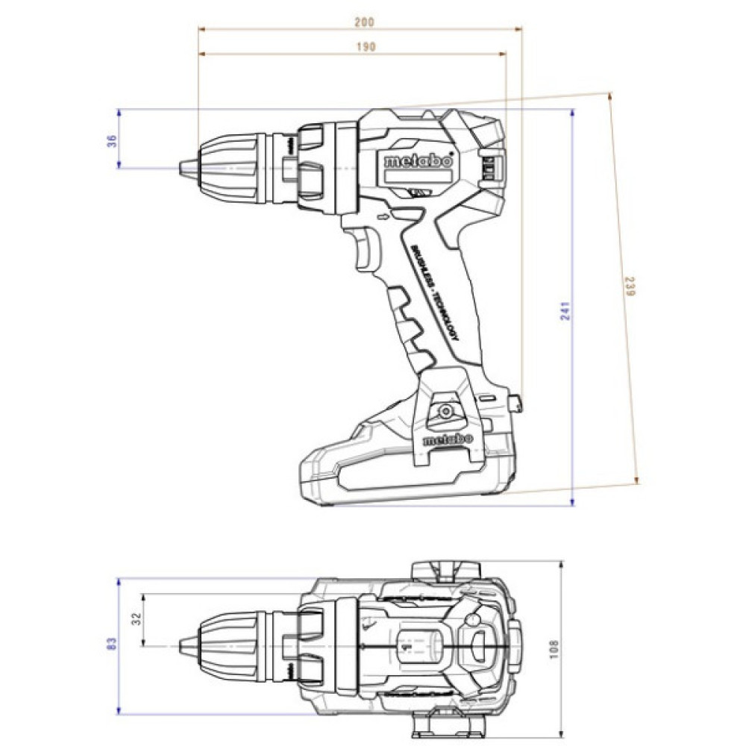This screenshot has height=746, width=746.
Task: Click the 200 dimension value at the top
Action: (364, 22)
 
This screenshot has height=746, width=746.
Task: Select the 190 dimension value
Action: (364, 46)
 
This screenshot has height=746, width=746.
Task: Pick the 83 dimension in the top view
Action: (111, 643)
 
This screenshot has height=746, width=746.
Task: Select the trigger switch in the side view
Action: (366, 249)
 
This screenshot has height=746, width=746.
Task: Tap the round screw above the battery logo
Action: (446, 411)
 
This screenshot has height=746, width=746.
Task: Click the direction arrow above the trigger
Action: (383, 218)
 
